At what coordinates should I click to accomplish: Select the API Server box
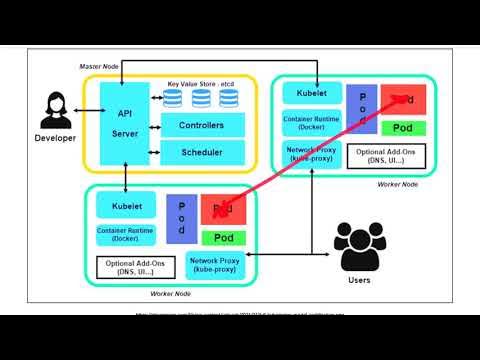pos(126,123)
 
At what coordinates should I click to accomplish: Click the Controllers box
pos(201,126)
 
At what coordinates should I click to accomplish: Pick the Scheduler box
pos(201,152)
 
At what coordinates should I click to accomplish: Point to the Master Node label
pos(99,65)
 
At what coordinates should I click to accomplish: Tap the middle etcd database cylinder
pos(201,97)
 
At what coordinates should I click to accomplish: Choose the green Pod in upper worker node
pos(403,128)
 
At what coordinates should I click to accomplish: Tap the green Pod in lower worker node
pos(224,237)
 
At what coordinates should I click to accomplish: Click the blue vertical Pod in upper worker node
pos(361,110)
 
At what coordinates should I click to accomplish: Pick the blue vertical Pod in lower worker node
pos(181,216)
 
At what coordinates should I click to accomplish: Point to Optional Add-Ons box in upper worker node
pos(375,156)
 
